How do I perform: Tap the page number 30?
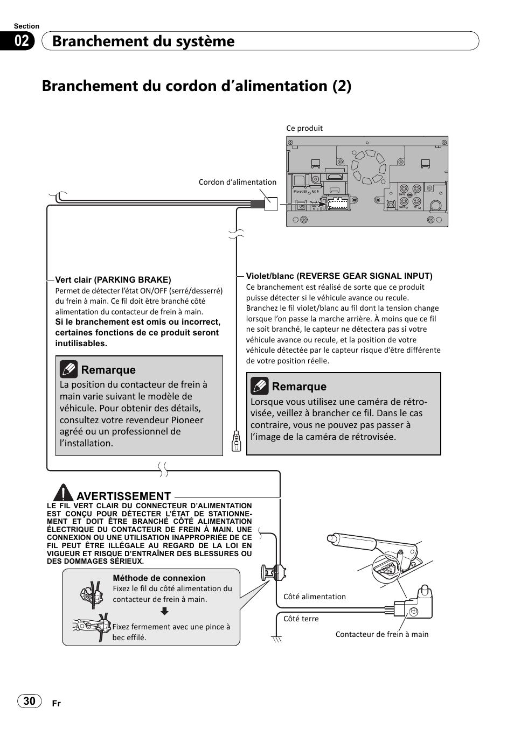tap(30, 700)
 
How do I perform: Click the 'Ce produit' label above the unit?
tap(304, 128)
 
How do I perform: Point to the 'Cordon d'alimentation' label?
tap(237, 182)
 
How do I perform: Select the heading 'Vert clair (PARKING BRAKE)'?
tap(113, 279)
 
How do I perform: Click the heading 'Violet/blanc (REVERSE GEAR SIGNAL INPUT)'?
tap(339, 276)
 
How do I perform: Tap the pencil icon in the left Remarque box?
tap(68, 369)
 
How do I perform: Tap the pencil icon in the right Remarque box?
tap(259, 386)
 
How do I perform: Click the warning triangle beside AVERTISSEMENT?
tap(63, 493)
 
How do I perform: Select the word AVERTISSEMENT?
tap(124, 496)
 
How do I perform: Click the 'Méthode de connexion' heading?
tap(159, 578)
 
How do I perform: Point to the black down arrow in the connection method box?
tap(165, 611)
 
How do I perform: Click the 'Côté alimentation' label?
tap(315, 597)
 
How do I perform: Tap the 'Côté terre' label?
tap(301, 619)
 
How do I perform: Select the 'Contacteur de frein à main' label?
tap(382, 634)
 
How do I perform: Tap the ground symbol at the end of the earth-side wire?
tap(277, 639)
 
